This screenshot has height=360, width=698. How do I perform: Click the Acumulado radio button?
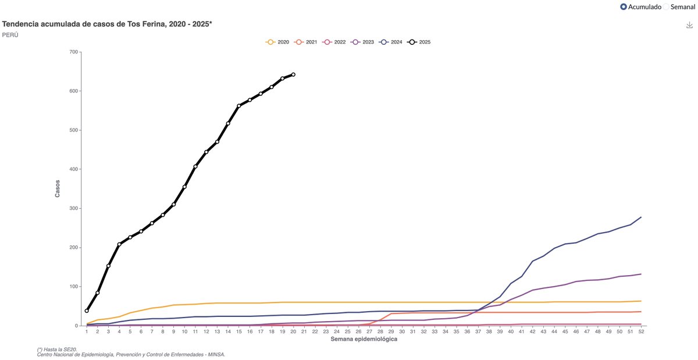click(624, 7)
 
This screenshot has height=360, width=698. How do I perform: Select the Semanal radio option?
click(667, 7)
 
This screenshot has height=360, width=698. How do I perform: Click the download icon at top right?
click(689, 25)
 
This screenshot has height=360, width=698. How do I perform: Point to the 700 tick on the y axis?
click(73, 52)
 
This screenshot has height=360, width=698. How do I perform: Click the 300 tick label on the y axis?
click(73, 208)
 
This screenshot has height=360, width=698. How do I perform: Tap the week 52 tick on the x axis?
click(640, 331)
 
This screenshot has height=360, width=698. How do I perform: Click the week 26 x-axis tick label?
click(358, 331)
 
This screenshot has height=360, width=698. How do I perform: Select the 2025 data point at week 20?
click(293, 74)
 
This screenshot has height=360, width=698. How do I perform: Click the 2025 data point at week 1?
click(87, 311)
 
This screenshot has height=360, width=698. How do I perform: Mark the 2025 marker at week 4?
click(119, 244)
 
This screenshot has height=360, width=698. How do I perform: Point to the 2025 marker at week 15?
click(239, 106)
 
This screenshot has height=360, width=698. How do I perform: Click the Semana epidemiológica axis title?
click(364, 338)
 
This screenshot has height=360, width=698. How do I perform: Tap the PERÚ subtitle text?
click(10, 35)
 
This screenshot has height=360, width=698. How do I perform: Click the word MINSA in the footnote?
click(215, 354)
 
